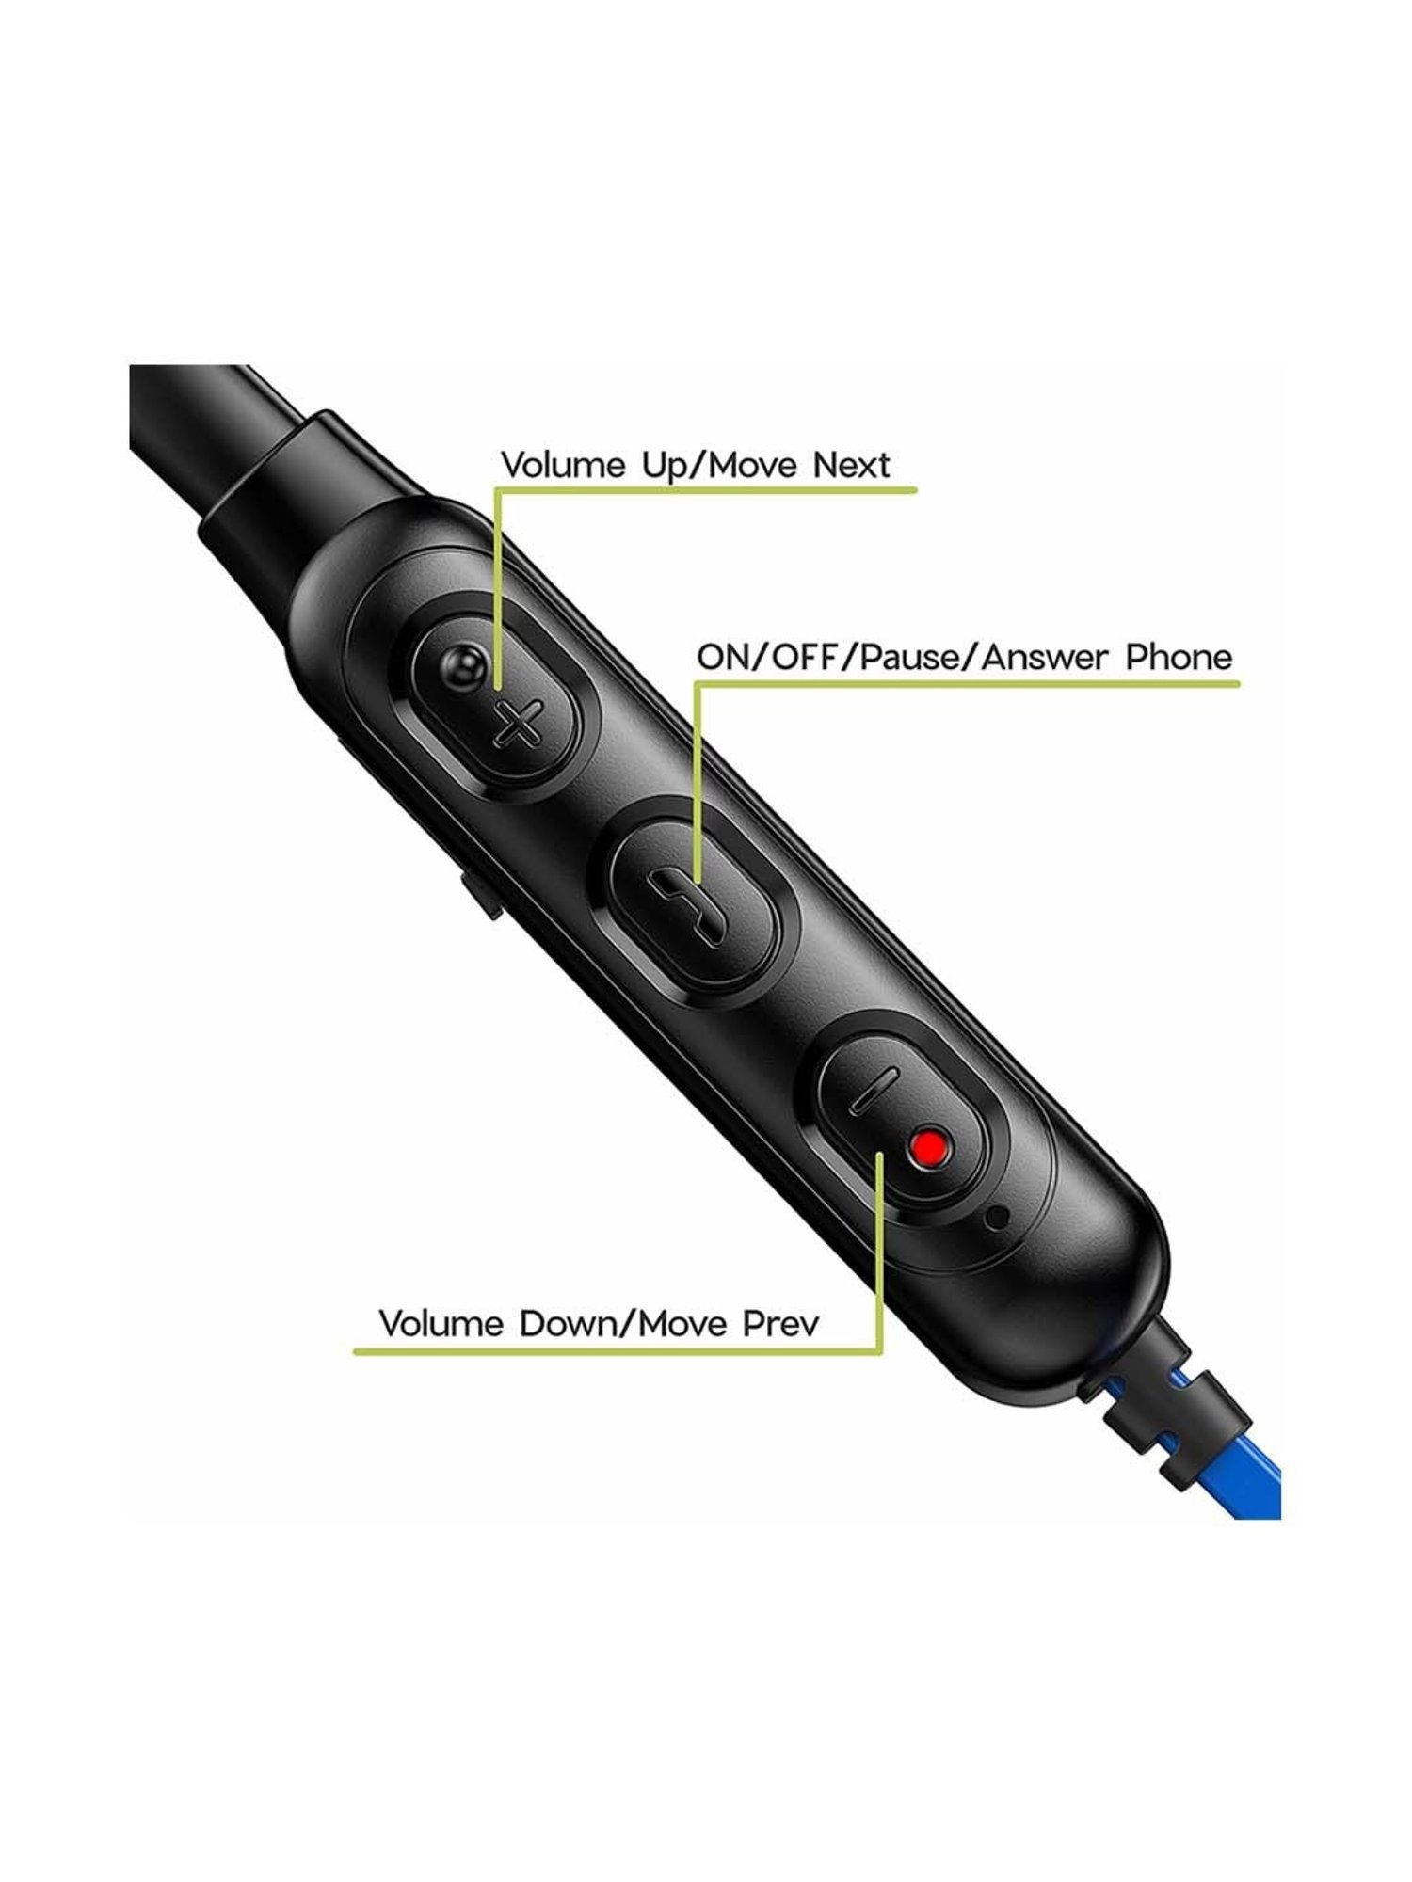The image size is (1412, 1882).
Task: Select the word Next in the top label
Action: (851, 465)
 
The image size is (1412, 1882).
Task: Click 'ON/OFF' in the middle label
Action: (764, 656)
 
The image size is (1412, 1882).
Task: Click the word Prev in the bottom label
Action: (781, 1324)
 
